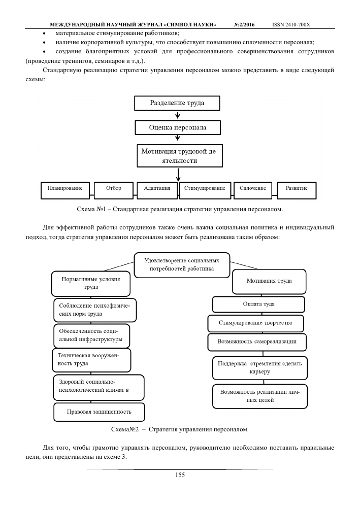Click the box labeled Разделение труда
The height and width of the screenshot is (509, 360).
click(x=177, y=103)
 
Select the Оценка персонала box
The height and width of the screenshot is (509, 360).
click(x=178, y=127)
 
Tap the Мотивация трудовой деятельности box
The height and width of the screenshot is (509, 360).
click(x=180, y=156)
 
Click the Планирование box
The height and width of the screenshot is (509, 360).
click(x=65, y=190)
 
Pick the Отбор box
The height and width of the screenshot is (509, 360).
click(x=114, y=190)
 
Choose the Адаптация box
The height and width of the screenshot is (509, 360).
click(x=157, y=190)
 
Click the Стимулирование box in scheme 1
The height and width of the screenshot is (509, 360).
click(x=205, y=190)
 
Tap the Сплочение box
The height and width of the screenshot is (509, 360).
click(x=253, y=190)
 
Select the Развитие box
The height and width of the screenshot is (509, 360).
click(x=297, y=190)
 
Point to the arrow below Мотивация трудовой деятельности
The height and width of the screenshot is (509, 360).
click(x=178, y=175)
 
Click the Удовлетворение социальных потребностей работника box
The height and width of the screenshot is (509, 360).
click(x=182, y=265)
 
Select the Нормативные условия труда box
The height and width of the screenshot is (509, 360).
click(x=91, y=283)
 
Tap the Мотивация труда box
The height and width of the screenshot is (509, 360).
click(x=269, y=282)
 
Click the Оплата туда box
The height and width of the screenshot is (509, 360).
click(x=258, y=304)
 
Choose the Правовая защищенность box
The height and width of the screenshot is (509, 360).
click(x=99, y=412)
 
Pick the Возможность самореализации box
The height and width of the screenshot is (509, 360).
click(x=257, y=342)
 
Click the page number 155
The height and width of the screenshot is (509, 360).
click(x=180, y=475)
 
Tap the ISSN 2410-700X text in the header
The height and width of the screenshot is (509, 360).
click(x=291, y=25)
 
